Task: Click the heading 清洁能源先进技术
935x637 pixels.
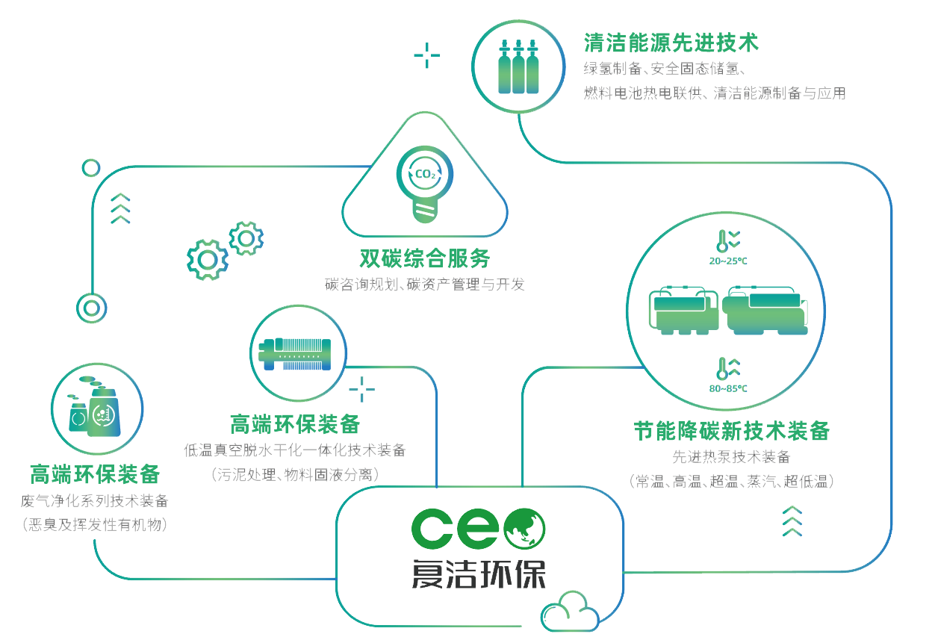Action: coord(671,43)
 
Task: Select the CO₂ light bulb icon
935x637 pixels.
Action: coord(424,184)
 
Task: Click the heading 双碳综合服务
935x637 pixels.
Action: coord(425,258)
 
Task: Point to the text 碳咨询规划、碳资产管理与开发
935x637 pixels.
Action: coord(424,285)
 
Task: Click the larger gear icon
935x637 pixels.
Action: coord(207,259)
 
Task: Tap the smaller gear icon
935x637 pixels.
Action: coord(246,238)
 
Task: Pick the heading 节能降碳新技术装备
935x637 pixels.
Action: coord(731,431)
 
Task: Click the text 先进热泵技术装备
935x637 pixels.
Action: coord(731,457)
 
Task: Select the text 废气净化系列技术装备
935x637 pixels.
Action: coord(95,500)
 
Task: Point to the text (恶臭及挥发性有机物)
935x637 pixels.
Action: coord(95,526)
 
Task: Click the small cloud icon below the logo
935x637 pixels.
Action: coord(570,613)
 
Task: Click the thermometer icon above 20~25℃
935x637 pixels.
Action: coord(722,240)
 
